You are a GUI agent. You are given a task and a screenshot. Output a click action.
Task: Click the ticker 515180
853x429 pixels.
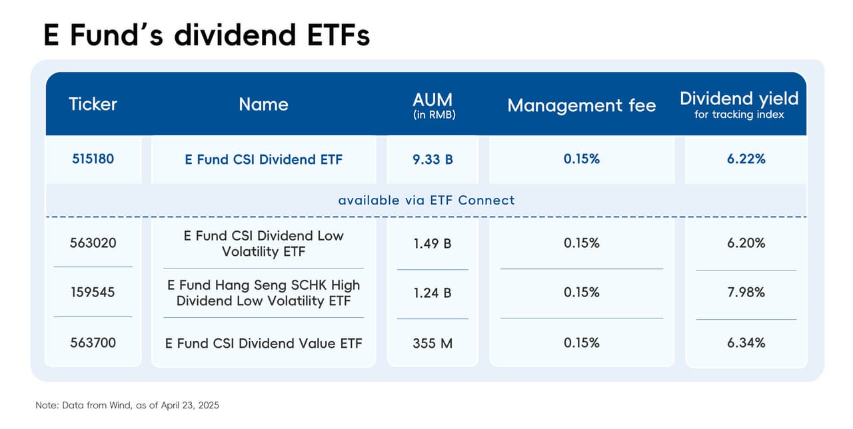coord(93,159)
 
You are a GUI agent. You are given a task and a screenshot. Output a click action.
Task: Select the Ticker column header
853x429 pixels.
coord(93,104)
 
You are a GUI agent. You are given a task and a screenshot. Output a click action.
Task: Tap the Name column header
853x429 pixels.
coord(263,104)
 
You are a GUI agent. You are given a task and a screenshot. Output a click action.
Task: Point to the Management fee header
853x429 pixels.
coord(581,105)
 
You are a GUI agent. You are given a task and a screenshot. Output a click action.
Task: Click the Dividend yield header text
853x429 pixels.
coord(738,99)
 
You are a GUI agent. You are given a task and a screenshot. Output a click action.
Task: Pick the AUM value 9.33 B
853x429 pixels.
coord(432,159)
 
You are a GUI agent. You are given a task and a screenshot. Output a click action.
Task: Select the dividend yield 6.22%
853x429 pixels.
coord(746,159)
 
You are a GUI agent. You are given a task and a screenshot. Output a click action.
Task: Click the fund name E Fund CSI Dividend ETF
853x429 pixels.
coord(263,159)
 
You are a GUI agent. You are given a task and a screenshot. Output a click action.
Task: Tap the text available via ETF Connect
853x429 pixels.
coord(426,200)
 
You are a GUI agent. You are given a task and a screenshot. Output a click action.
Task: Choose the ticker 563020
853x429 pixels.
coord(93,243)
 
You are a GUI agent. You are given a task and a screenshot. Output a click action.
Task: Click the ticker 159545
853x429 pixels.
coord(93,292)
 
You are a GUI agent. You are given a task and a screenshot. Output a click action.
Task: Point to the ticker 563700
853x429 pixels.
coord(93,342)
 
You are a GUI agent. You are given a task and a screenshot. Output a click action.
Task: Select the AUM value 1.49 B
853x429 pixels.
coord(432,243)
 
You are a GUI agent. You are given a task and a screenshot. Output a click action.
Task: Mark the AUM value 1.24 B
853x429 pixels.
coord(432,292)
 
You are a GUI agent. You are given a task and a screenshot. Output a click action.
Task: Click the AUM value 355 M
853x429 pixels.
coord(432,342)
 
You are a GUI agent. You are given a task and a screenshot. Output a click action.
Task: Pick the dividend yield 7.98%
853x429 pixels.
coord(746,292)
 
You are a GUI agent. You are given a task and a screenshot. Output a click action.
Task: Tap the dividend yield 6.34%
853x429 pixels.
coord(746,342)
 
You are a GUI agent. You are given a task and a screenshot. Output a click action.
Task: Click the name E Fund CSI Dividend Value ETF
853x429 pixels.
coord(263,343)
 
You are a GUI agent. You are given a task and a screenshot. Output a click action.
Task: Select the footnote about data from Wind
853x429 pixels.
coord(127,405)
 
